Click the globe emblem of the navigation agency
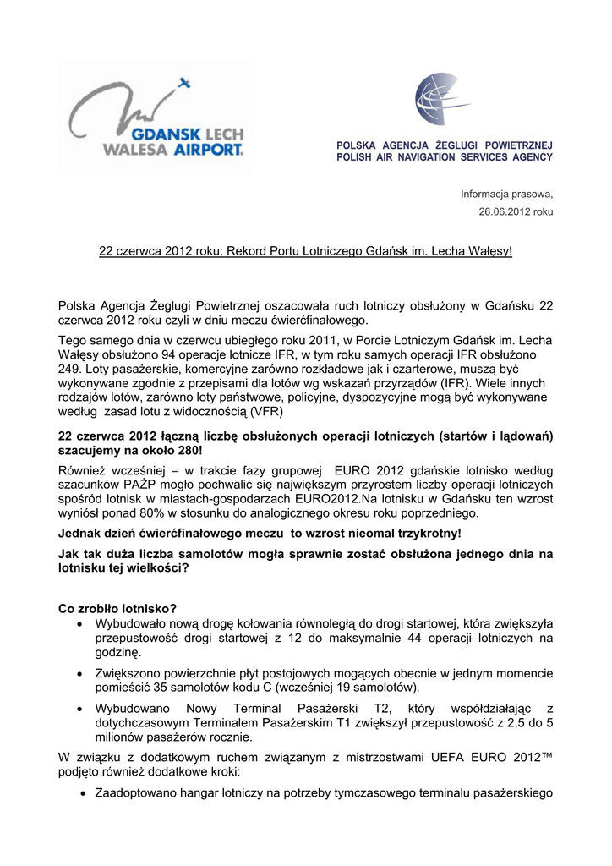tap(443, 100)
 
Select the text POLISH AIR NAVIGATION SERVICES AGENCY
tap(445, 157)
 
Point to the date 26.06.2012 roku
tap(516, 211)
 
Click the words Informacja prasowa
tap(506, 194)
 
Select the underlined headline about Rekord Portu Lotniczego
tap(306, 252)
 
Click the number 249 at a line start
tap(69, 370)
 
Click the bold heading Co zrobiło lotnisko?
tap(117, 608)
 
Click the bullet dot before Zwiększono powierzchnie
tap(79, 674)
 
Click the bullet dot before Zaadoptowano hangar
tap(79, 794)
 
